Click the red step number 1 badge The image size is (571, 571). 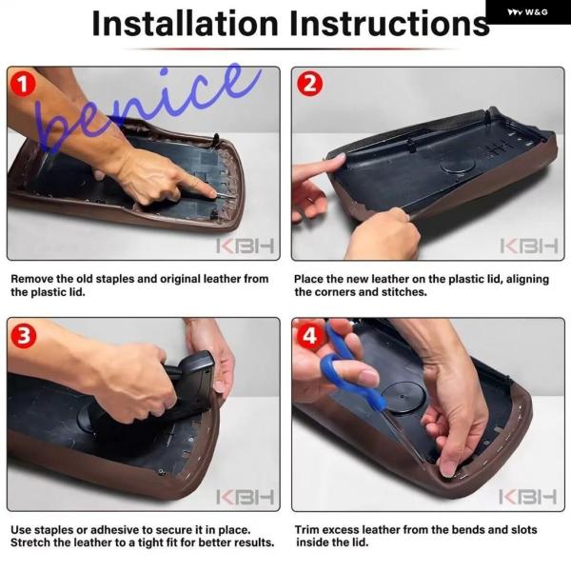[23, 84]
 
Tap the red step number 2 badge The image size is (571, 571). [309, 84]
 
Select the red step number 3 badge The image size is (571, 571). [23, 335]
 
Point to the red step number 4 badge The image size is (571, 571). [309, 335]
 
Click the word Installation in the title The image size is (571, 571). [186, 23]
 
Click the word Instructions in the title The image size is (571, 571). [389, 23]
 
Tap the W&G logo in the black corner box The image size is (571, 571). [527, 12]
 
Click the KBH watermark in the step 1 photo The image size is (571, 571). [245, 246]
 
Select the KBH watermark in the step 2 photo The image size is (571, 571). [529, 246]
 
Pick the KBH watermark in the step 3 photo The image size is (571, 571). [245, 497]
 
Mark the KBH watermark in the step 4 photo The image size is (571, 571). [527, 497]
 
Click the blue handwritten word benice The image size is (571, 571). [146, 109]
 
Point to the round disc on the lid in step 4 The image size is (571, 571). [403, 397]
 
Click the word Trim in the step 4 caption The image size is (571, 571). [307, 529]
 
